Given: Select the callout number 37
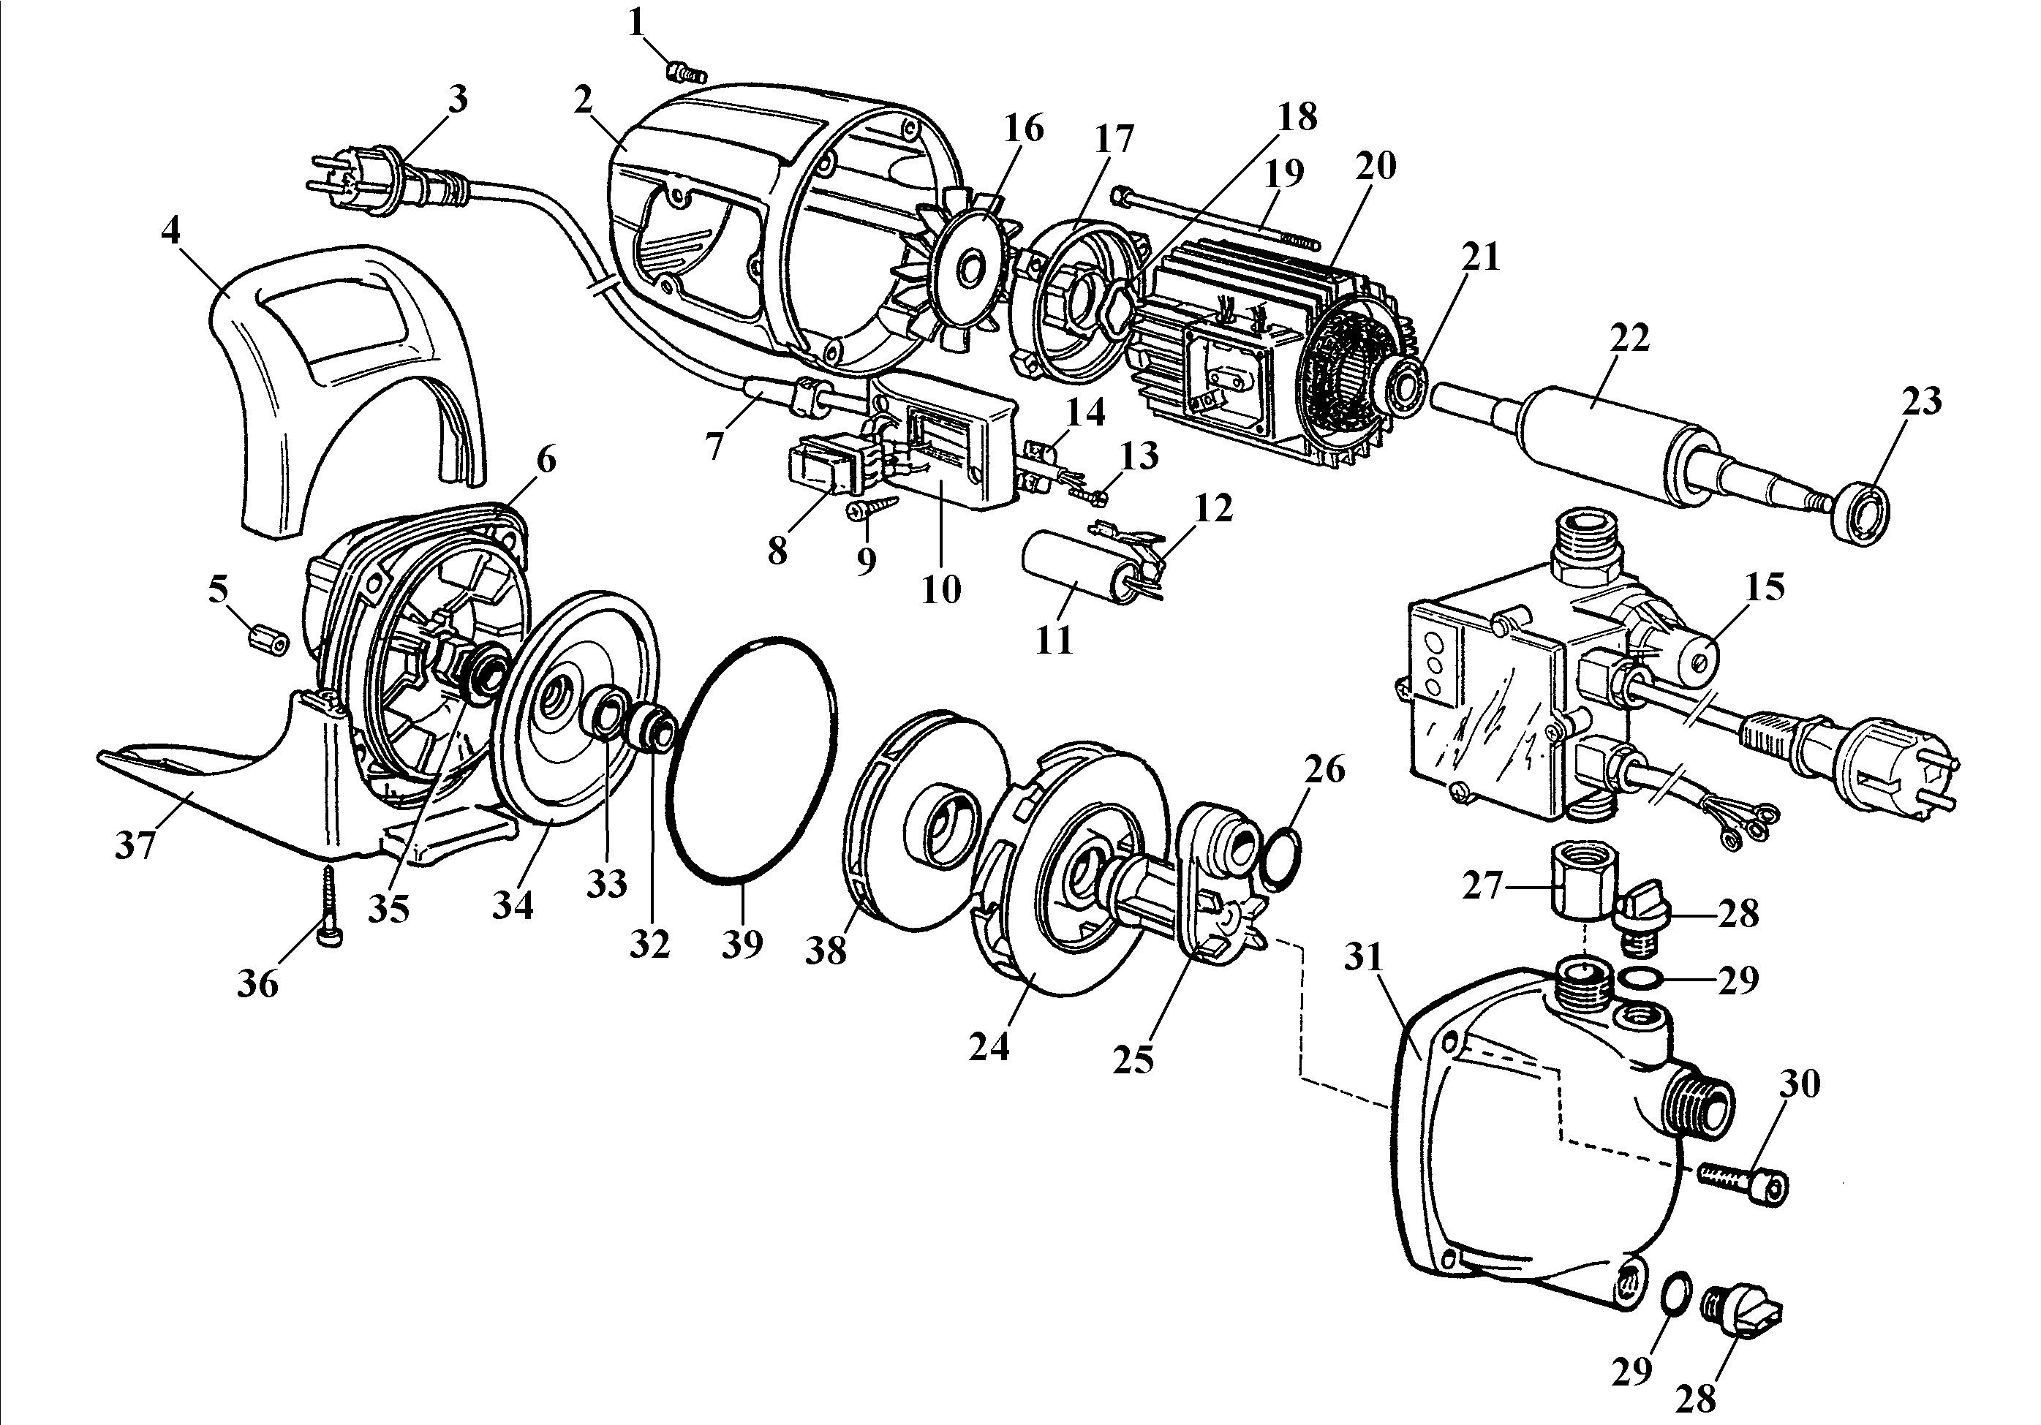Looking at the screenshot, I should point(135,845).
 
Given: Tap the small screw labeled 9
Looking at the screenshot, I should point(871,512).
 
